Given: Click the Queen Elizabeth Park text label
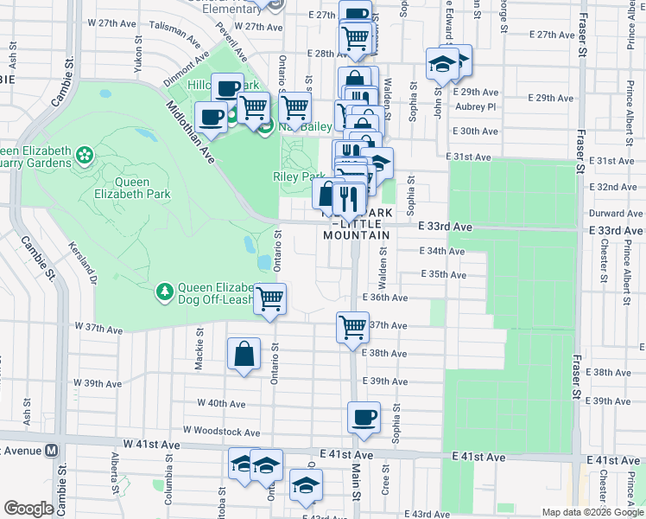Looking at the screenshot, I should pos(122,189).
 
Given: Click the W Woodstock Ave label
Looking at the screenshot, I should pos(221,432).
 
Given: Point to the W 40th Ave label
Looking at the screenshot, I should pos(221,403).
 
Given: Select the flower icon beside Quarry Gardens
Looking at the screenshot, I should pos(85,156).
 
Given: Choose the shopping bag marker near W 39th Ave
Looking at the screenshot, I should pos(244,354).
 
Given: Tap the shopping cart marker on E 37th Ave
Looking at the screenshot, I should pos(352,327).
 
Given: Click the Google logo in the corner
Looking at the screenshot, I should pos(28,509).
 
